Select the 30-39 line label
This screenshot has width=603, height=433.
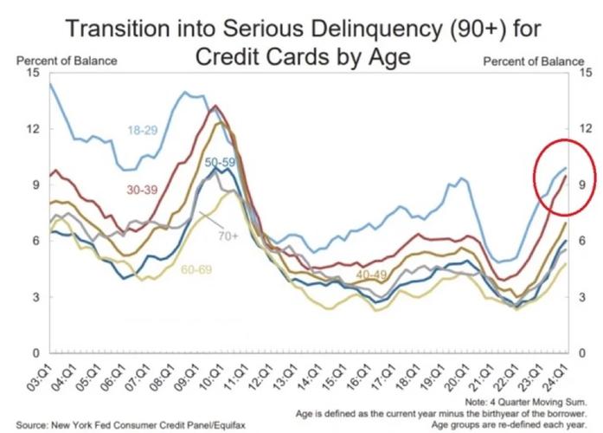(142, 189)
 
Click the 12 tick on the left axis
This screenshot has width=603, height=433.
(34, 129)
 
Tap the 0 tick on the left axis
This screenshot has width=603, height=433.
(36, 354)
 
